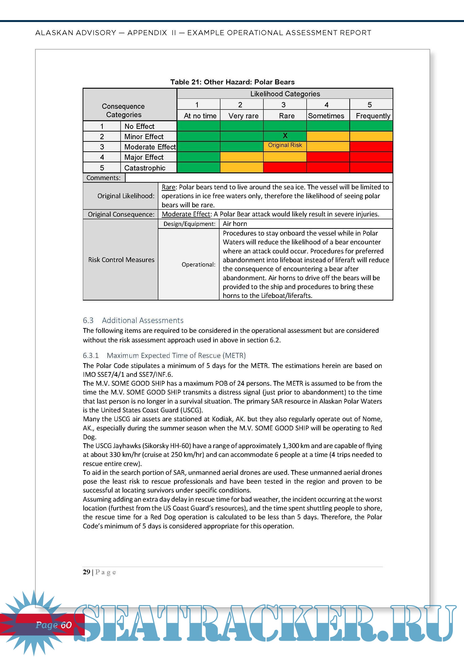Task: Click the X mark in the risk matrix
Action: click(x=285, y=136)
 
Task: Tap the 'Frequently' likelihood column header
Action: click(x=373, y=116)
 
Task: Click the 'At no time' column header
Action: click(x=200, y=116)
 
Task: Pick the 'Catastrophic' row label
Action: click(x=145, y=168)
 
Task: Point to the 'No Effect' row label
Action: click(x=139, y=126)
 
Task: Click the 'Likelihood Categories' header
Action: click(x=285, y=94)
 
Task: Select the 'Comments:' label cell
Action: click(x=103, y=178)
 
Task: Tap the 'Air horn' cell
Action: click(x=235, y=224)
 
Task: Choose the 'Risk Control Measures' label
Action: click(x=121, y=260)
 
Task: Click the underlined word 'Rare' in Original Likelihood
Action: click(x=168, y=187)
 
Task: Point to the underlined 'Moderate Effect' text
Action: click(x=186, y=214)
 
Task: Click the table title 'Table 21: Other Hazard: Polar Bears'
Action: click(x=232, y=82)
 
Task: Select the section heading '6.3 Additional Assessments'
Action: click(x=133, y=320)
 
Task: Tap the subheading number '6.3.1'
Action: click(x=91, y=356)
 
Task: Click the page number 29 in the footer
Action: click(x=86, y=572)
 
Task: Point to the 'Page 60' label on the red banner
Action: click(x=53, y=625)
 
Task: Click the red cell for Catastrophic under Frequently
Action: click(x=371, y=167)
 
